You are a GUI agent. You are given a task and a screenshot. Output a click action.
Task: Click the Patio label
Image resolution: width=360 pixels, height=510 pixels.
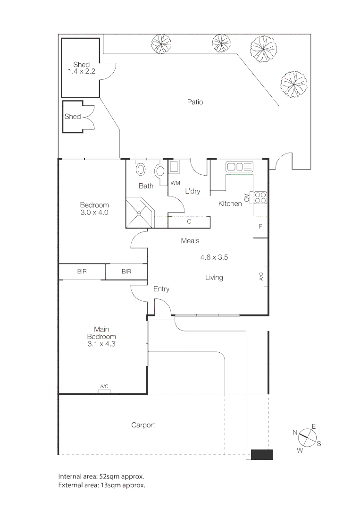pos(195,102)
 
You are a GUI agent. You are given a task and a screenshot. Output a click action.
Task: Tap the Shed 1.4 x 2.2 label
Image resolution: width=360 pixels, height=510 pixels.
pos(81,68)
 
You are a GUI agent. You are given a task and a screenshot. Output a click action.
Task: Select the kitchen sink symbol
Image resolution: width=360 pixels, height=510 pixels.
pos(239,166)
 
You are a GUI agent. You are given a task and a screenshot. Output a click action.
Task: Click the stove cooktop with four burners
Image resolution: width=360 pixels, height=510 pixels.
pos(260,197)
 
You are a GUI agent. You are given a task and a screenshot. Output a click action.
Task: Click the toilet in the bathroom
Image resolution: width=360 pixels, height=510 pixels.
pos(141,169)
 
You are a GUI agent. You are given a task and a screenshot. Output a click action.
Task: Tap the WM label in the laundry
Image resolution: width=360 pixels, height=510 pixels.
pos(175,183)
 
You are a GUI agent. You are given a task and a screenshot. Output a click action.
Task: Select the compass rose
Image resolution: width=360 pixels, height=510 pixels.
pos(306,438)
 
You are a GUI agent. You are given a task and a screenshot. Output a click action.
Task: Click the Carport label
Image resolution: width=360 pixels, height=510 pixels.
pos(143,425)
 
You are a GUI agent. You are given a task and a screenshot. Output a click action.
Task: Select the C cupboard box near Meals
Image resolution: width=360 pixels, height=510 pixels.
pos(189,221)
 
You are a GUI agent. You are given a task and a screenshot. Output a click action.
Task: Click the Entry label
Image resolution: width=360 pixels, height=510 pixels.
pos(161,289)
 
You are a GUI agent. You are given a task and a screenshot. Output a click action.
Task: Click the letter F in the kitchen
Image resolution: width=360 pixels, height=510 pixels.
pos(260,227)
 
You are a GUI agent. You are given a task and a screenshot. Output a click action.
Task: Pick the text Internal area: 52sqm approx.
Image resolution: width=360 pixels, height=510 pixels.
pos(101,476)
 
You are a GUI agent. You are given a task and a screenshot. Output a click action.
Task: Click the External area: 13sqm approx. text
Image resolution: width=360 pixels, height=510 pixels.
pos(101,485)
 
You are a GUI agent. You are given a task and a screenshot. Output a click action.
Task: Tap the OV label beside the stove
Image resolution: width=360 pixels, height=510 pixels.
pos(247,197)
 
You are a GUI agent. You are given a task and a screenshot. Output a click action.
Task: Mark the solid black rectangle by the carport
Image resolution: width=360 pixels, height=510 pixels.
pos(262,455)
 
